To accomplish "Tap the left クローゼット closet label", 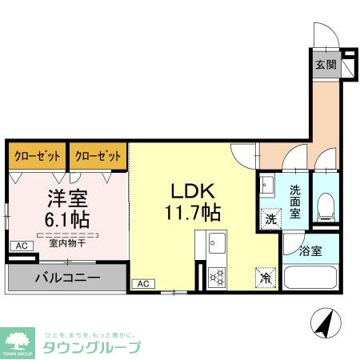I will click(36, 156).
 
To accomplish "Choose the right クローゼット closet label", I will click(98, 156).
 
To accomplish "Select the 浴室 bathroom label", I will click(310, 251).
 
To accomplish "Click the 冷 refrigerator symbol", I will click(265, 278).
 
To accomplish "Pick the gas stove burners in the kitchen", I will click(217, 276).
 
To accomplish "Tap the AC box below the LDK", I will click(142, 283).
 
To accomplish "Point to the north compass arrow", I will click(326, 322).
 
